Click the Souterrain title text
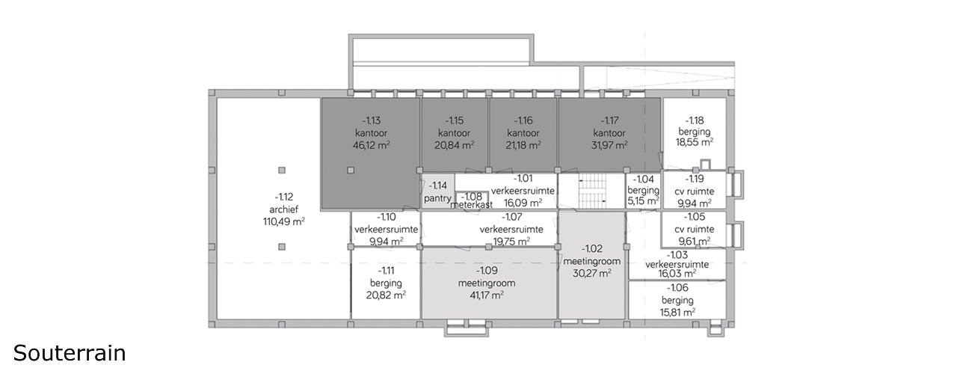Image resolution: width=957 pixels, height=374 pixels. (70, 353)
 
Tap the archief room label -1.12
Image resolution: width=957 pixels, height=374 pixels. (283, 197)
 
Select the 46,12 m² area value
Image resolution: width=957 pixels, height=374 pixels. (371, 145)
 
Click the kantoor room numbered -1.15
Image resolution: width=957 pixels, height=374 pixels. (454, 132)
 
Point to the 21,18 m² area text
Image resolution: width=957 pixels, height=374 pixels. (523, 145)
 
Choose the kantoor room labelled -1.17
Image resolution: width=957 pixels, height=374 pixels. (609, 133)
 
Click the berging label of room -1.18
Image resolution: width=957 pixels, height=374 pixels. (695, 132)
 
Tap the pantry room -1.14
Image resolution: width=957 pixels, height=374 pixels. (437, 191)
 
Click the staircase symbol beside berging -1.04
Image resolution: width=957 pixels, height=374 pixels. (591, 191)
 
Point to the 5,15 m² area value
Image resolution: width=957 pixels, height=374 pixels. (643, 201)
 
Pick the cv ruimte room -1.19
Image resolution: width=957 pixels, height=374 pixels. (695, 191)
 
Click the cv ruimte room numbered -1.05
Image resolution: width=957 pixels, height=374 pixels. (695, 229)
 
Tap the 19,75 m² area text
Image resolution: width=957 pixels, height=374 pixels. (511, 242)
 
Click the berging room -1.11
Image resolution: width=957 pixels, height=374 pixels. (386, 283)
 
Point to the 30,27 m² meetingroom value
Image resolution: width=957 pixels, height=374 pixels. (591, 274)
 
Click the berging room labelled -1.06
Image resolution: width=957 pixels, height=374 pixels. (677, 300)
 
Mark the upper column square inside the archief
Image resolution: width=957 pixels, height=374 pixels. (282, 170)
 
